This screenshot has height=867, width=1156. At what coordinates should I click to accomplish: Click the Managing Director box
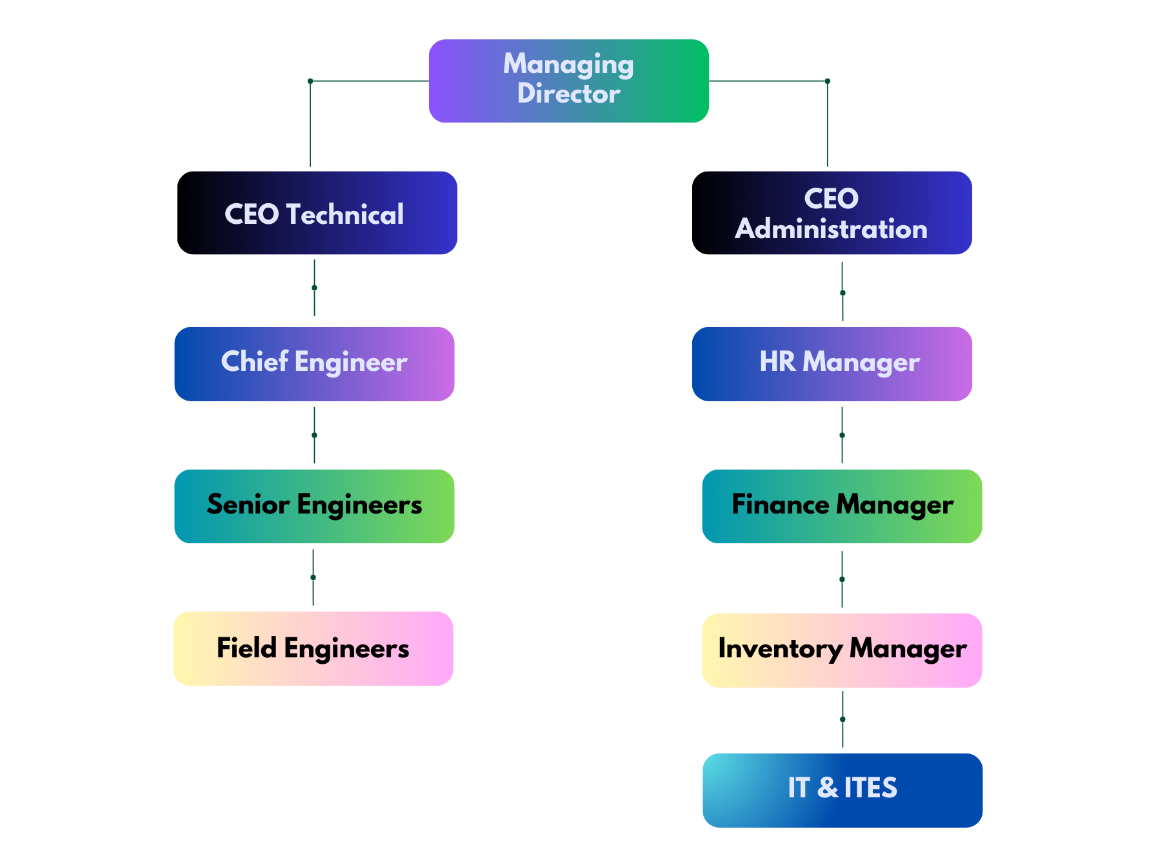(568, 81)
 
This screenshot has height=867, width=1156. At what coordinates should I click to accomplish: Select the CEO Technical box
(319, 213)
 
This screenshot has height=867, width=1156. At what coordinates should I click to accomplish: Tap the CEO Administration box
(835, 213)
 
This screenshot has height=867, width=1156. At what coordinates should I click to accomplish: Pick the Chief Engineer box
(314, 363)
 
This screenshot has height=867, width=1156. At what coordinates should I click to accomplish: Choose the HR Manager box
(832, 363)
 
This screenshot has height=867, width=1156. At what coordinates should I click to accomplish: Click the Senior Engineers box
(314, 506)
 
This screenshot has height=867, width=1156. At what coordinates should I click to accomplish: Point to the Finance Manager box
(842, 506)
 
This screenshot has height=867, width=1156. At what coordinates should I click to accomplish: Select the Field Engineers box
(313, 648)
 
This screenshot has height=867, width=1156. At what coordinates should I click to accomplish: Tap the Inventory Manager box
(842, 650)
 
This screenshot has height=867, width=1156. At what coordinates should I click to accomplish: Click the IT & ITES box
(842, 790)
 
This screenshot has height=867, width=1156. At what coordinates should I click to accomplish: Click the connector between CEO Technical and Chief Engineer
(314, 288)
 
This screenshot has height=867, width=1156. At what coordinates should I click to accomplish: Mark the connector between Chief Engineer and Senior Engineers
(314, 435)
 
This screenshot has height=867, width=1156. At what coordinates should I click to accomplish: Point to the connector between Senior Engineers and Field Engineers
(313, 577)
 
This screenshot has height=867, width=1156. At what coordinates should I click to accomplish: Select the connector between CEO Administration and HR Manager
(842, 292)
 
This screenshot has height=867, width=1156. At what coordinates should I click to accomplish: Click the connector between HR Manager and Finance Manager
(842, 435)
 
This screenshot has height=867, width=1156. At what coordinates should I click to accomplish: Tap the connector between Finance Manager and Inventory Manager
(842, 579)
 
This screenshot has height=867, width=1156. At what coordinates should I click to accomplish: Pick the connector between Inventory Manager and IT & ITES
(842, 719)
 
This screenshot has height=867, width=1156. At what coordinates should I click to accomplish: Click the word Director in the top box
(568, 94)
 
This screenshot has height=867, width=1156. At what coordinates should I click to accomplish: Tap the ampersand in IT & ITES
(828, 788)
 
